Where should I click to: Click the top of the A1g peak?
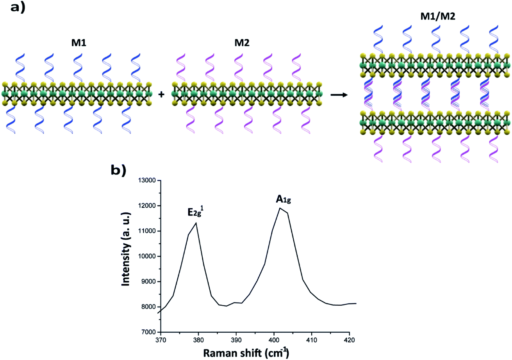(280, 208)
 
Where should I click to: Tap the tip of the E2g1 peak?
(196, 223)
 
